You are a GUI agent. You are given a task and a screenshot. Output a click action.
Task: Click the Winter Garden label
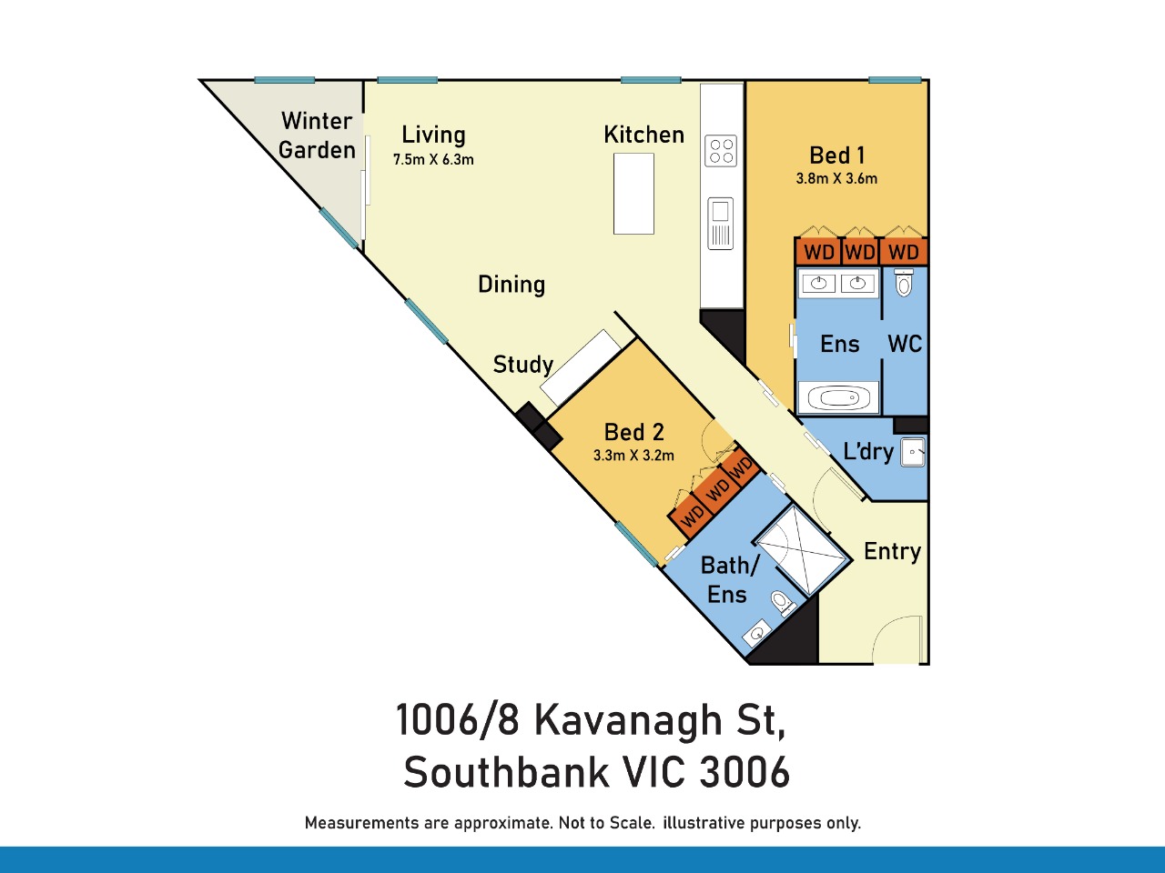[317, 135]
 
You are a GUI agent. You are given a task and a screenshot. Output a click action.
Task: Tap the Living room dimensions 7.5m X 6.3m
[433, 159]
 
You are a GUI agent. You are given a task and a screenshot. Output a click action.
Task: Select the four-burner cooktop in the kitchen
[721, 151]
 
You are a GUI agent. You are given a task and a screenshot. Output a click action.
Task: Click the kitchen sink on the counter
[720, 224]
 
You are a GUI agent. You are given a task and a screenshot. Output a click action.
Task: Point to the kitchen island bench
[633, 194]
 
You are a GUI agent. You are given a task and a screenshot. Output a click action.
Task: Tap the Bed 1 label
[837, 156]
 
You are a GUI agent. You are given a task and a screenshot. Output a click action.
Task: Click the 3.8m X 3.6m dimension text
[836, 178]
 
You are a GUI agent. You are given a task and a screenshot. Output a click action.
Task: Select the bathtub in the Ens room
[838, 397]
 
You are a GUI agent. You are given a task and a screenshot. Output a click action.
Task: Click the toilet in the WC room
[904, 283]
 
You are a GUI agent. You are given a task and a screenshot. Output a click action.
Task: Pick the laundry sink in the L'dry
[913, 452]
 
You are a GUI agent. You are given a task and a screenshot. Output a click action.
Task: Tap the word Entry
[892, 552]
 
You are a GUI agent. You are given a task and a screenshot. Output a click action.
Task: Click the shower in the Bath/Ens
[802, 550]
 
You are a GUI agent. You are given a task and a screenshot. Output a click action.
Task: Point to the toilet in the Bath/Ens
[783, 603]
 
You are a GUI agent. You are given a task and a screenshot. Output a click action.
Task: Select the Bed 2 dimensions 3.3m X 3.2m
[633, 456]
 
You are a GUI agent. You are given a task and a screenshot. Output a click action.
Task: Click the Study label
[522, 366]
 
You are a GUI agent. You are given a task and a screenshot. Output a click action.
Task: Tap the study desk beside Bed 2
[581, 367]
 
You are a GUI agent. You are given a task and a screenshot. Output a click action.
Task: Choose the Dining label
[512, 285]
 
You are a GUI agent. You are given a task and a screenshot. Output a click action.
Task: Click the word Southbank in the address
[507, 772]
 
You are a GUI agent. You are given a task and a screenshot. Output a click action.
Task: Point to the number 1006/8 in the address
[458, 719]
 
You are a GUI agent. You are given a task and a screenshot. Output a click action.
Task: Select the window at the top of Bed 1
[895, 80]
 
